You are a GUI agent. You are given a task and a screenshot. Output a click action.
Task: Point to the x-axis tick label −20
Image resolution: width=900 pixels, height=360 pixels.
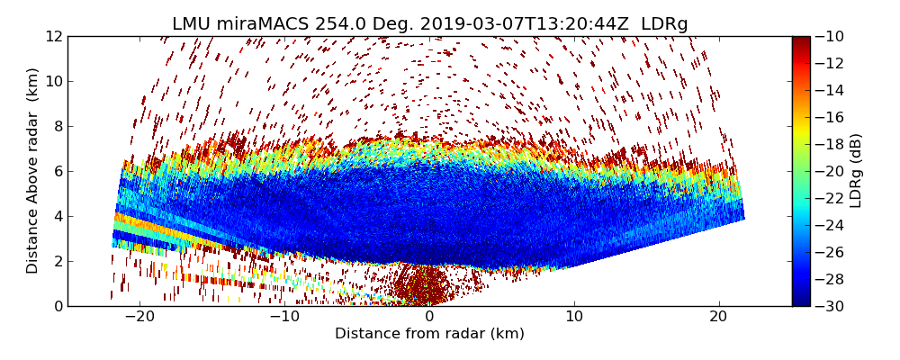tap(140, 317)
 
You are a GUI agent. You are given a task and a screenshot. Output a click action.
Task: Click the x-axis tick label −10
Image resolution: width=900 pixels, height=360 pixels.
tap(284, 317)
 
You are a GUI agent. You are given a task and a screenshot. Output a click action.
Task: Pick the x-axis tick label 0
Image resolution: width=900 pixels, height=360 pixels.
tap(429, 317)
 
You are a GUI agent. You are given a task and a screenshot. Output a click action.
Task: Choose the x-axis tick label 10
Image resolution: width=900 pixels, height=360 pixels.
tap(574, 317)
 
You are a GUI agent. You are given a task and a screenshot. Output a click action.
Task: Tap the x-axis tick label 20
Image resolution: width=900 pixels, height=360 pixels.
tap(718, 317)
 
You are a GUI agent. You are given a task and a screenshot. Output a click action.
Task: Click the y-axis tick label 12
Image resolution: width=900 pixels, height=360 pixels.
tap(54, 36)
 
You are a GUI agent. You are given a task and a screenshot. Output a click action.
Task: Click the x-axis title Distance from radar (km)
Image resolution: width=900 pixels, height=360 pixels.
tap(429, 334)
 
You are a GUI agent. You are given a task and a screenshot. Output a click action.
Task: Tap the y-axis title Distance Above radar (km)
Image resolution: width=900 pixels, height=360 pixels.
tap(33, 171)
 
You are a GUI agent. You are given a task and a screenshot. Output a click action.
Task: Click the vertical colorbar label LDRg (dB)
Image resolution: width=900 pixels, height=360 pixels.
tap(856, 171)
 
